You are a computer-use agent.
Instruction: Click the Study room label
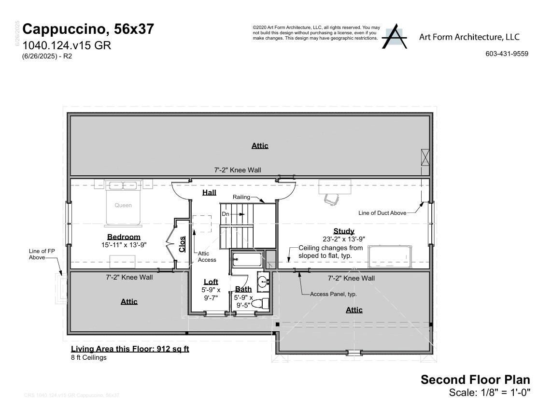[343, 231]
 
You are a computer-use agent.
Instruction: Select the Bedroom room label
[124, 237]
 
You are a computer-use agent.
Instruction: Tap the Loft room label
[211, 282]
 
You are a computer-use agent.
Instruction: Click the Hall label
[209, 192]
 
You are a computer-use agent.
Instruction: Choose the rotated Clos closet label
[182, 244]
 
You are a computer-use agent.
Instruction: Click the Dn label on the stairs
[225, 214]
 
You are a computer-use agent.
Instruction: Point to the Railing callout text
[241, 197]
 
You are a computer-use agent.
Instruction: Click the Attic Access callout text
[207, 256]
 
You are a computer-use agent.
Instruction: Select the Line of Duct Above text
[382, 213]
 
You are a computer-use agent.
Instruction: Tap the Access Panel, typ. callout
[333, 294]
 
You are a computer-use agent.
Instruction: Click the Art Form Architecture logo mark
[395, 36]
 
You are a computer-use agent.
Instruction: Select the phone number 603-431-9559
[507, 54]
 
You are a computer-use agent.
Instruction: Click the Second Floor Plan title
[475, 380]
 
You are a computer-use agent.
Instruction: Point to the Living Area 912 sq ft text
[130, 349]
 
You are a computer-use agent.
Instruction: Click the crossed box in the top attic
[425, 157]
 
